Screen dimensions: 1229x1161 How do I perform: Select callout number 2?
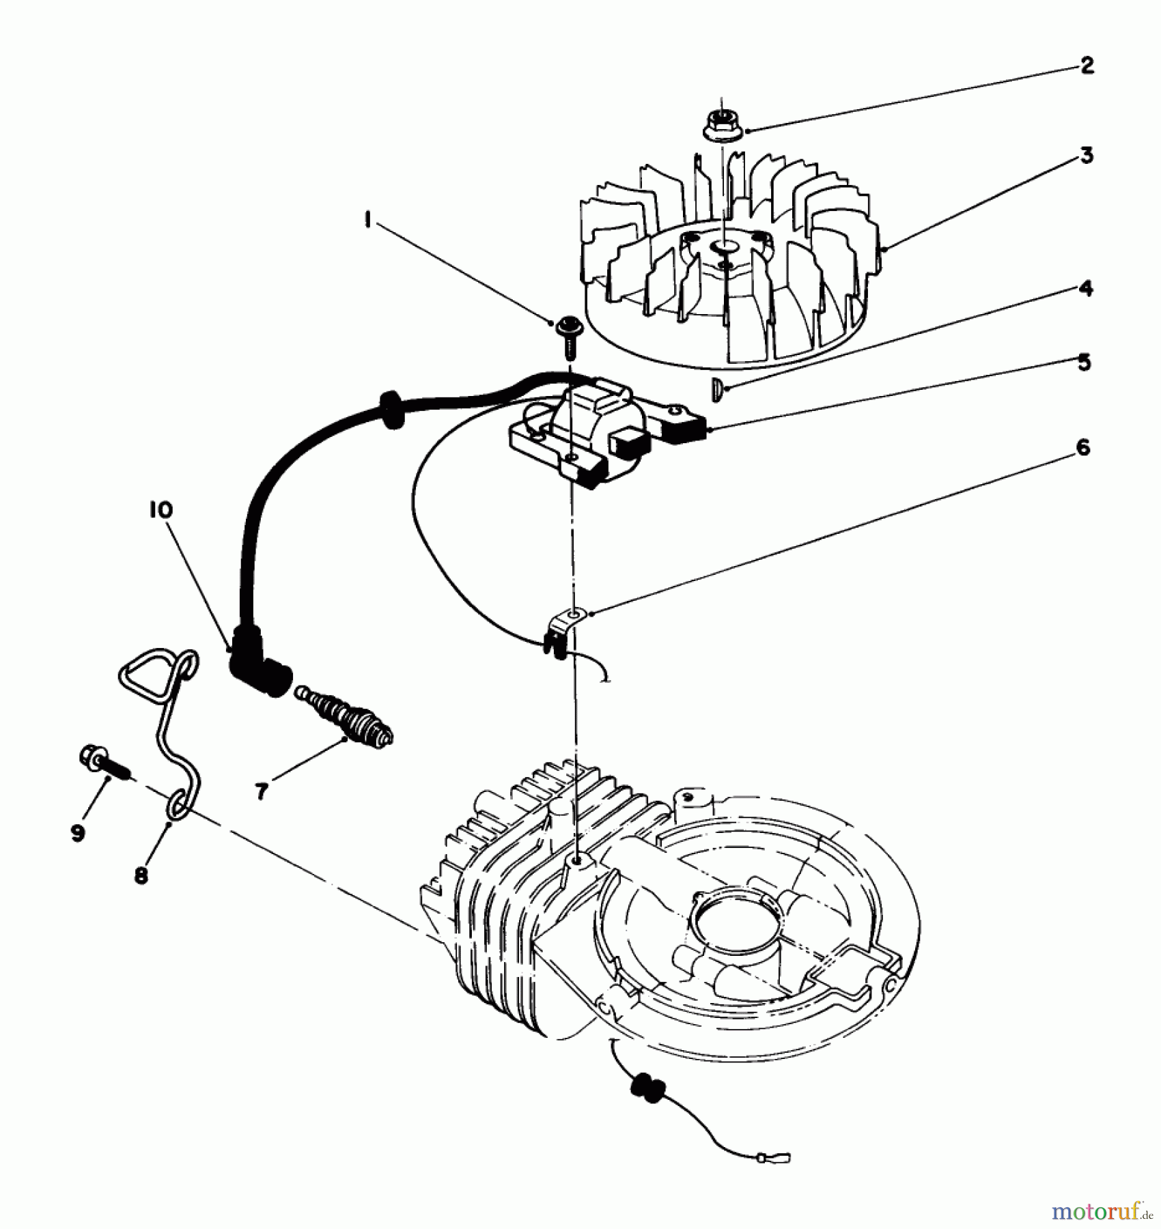point(1087,67)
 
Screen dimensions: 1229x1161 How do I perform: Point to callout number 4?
point(1085,289)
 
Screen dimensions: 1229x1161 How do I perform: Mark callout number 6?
point(1083,449)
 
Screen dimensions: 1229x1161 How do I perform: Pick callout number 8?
point(141,875)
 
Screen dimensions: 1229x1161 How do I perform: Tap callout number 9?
point(77,832)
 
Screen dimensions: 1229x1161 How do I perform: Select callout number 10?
point(161,510)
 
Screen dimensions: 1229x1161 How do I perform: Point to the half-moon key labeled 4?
point(714,390)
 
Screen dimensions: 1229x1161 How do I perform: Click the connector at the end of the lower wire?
point(775,1157)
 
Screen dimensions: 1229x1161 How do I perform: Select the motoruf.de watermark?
point(1100,1211)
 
